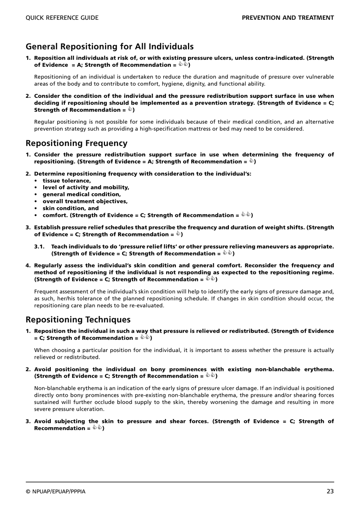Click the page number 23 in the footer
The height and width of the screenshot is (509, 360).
coord(330,491)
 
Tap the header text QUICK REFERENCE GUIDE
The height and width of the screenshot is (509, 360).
coord(62,18)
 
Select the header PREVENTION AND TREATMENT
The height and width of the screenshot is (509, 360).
coord(288,18)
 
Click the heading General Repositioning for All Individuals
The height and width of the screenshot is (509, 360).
coord(110,47)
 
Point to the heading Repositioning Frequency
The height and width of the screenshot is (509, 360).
coord(77,143)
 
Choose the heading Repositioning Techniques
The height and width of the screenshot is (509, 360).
coord(78,320)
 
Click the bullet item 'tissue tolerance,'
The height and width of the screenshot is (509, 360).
coord(67,181)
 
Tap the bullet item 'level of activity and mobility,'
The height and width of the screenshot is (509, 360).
coord(86,188)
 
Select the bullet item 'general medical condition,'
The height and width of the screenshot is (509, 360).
coord(81,195)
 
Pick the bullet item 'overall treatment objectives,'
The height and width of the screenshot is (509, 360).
coord(85,201)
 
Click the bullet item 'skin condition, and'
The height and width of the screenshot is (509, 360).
coord(70,208)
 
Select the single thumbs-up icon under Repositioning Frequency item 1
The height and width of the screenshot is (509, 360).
coord(251,161)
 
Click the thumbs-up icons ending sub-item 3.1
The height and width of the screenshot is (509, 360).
coord(227,253)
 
